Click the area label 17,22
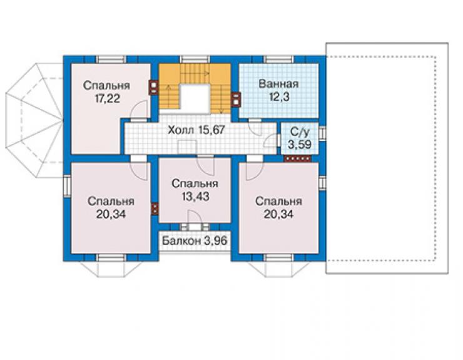click(107, 98)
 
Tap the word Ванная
click(278, 84)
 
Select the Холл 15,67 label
click(196, 130)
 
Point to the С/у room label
click(300, 131)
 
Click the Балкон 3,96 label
click(195, 240)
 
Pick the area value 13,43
click(195, 196)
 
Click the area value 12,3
click(279, 96)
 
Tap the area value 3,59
click(300, 145)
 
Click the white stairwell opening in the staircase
click(195, 98)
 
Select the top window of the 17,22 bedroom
click(111, 59)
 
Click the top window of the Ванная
click(279, 59)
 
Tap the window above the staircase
click(195, 59)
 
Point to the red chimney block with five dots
click(298, 159)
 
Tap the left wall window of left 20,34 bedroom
click(67, 186)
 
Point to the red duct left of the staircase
click(154, 88)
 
